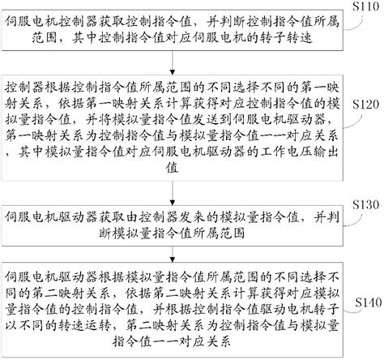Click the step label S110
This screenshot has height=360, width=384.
point(362,6)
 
